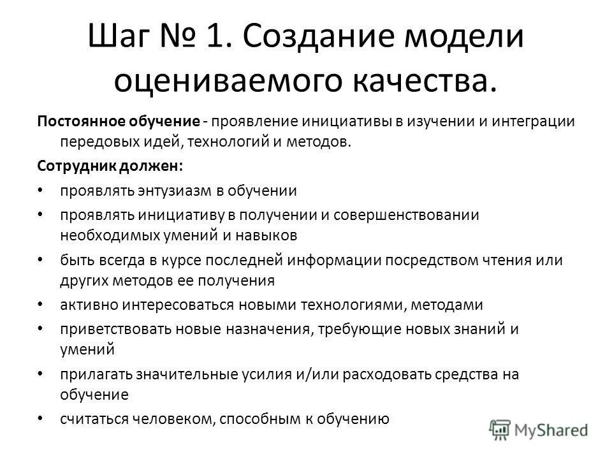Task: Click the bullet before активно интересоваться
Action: [41, 305]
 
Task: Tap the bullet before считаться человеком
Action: [41, 419]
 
